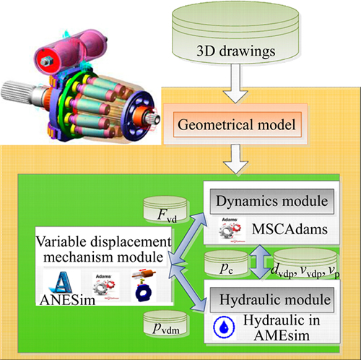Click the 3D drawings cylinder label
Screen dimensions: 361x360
click(236, 51)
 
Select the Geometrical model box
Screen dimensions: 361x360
click(238, 124)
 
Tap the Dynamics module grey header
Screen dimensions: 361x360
click(272, 202)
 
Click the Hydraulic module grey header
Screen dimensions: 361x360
click(272, 300)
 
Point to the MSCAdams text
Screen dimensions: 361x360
click(290, 229)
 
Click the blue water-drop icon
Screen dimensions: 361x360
click(224, 327)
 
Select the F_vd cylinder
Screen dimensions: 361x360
click(165, 210)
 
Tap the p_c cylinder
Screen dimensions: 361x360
click(226, 263)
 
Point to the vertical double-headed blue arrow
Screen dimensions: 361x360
click(261, 262)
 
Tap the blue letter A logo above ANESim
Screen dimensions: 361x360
click(61, 283)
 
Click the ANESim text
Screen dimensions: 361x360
click(68, 300)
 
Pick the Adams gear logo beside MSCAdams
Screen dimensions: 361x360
click(230, 230)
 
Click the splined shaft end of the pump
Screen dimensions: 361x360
click(17, 93)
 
